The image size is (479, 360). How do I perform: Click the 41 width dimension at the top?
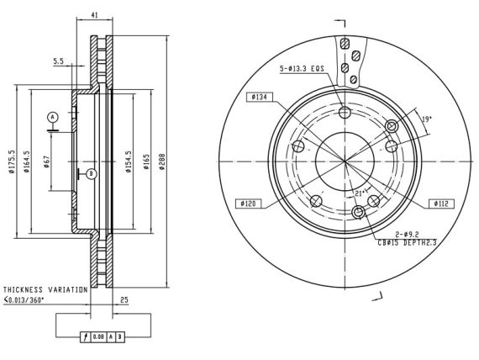coord(95,14)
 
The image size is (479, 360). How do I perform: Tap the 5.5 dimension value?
coord(58,61)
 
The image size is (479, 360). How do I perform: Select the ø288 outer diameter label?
coord(162,161)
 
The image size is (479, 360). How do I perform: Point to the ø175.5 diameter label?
coord(12,161)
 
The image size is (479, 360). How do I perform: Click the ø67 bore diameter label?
coord(46,161)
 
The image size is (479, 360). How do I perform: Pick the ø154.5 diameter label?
coord(129,161)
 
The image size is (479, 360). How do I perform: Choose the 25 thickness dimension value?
coord(124,300)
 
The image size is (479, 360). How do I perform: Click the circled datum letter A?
coord(53,117)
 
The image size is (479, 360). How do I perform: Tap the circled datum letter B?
coord(91,174)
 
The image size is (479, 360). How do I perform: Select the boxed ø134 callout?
coord(260,98)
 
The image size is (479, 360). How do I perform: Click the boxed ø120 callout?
coord(248,204)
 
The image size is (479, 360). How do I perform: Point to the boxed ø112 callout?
coord(441,204)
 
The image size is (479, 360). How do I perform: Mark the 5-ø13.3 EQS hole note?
coord(302,69)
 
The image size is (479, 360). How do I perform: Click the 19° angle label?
coord(426,119)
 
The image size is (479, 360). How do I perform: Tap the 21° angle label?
coord(361,193)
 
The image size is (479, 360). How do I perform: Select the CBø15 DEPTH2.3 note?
coord(408,243)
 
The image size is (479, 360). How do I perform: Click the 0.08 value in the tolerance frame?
coord(98,337)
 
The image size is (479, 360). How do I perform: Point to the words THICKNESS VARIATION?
coord(45,289)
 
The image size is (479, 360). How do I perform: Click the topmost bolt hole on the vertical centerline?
coord(345,112)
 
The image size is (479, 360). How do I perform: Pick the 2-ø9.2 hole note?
coord(408,235)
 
